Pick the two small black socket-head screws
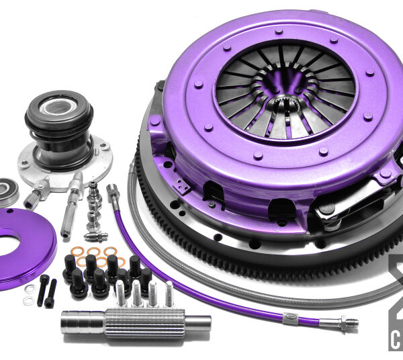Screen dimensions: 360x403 (48, 289)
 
